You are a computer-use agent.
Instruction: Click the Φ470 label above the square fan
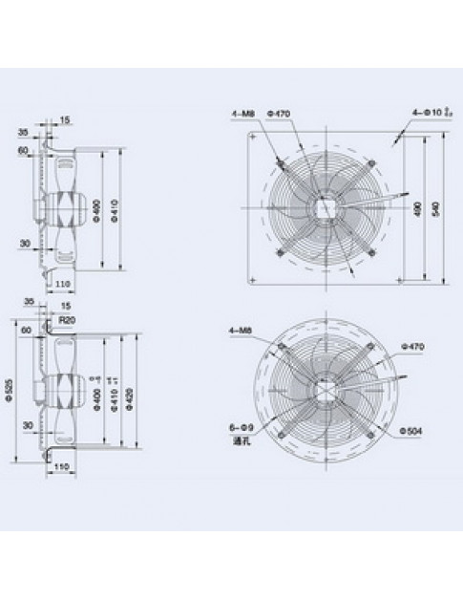pos(280,114)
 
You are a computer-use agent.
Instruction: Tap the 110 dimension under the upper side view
pos(63,285)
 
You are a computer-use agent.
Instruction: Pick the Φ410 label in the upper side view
pos(113,206)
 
